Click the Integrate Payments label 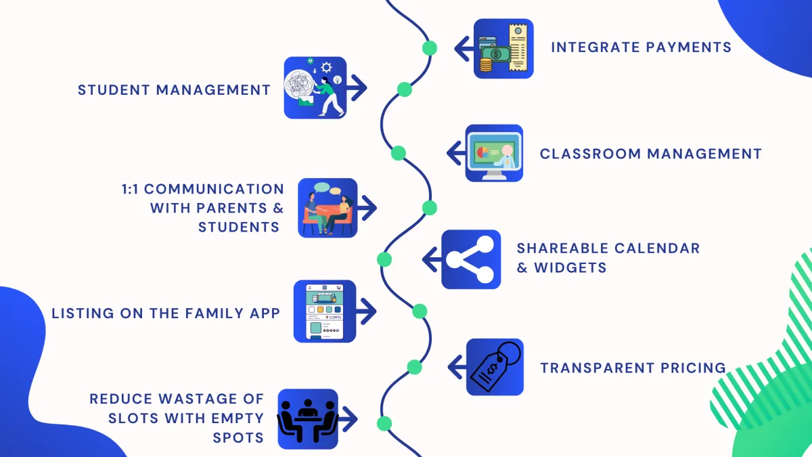pos(640,47)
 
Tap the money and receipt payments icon pos(503,49)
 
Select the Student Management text pos(174,89)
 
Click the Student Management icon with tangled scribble pos(315,88)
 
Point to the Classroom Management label pos(650,154)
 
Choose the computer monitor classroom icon pos(495,153)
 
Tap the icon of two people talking pos(328,208)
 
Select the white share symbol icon pos(471,259)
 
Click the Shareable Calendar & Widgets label pos(608,258)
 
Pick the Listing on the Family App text pos(166,313)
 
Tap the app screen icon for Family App pos(324,311)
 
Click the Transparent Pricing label pos(633,368)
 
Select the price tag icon pos(495,367)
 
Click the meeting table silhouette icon pos(308,418)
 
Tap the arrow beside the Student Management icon pos(357,88)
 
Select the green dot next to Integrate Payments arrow pos(429,48)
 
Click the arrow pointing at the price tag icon pos(457,367)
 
